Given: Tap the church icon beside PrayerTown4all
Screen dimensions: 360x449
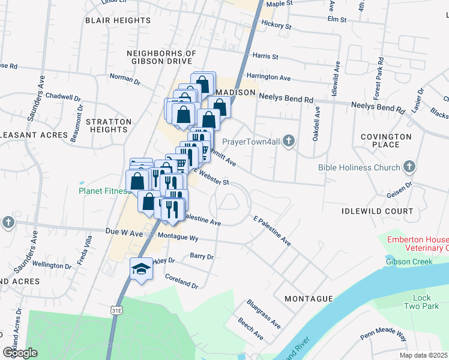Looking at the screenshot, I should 289,142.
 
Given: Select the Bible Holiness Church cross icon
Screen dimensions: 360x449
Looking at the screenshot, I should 409,166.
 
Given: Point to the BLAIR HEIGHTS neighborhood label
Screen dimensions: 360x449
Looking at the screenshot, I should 118,20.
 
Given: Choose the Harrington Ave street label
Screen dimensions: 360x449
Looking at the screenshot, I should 268,77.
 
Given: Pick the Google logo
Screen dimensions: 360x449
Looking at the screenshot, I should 20,352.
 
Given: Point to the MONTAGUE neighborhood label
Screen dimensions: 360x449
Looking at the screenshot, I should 309,298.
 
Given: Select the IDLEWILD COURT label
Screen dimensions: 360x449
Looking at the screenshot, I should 377,211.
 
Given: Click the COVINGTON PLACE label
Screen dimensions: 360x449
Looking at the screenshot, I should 386,140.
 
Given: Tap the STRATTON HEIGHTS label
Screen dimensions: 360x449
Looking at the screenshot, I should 109,125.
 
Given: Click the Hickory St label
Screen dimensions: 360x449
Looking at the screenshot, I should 276,25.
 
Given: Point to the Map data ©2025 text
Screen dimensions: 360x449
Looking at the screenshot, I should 423,355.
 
